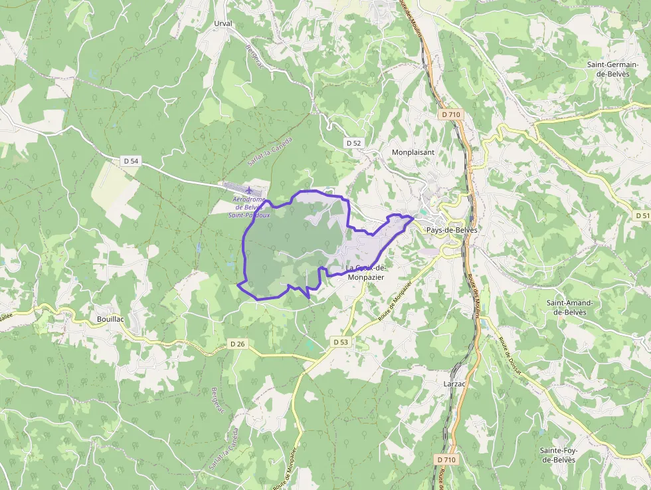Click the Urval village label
click(223, 23)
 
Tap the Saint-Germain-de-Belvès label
click(612, 68)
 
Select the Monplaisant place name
click(413, 152)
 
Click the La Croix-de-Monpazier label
click(365, 272)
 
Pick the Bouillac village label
click(110, 319)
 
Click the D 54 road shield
click(131, 161)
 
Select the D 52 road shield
click(353, 143)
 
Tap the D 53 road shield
click(340, 342)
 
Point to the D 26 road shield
click(237, 344)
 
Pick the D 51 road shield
click(642, 215)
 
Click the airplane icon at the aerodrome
click(250, 190)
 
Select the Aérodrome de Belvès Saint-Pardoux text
click(247, 207)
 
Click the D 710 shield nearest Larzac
click(447, 459)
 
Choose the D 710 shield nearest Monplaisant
click(450, 114)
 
